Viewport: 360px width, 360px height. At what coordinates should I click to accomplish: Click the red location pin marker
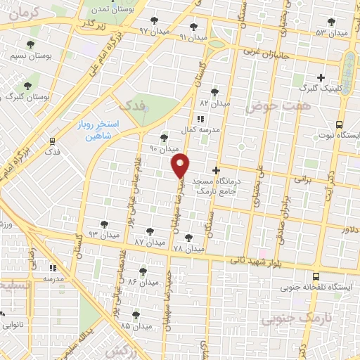[181, 165]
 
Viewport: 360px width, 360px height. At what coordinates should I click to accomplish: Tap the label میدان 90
[164, 149]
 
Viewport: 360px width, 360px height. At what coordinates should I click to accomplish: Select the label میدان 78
[188, 249]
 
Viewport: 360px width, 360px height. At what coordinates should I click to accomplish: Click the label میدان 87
[150, 241]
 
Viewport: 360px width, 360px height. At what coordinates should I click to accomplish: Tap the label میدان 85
[136, 326]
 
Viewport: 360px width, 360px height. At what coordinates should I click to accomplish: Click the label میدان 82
[214, 103]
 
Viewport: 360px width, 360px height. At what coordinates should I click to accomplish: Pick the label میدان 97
[155, 31]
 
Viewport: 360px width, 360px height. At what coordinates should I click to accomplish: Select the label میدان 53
[331, 32]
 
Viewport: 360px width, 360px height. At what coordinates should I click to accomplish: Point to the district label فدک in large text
[135, 105]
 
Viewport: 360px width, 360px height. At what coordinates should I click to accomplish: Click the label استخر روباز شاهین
[99, 130]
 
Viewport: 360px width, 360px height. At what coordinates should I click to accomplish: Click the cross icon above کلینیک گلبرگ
[321, 77]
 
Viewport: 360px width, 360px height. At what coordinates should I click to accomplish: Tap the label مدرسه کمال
[199, 131]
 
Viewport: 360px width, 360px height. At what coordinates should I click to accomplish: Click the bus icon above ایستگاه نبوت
[339, 122]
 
